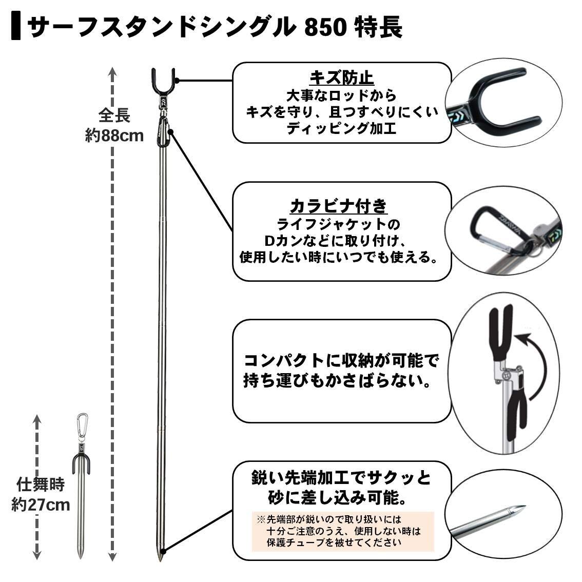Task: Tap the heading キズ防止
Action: pos(341,77)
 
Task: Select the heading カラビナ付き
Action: pos(339,206)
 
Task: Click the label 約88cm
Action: pos(114,136)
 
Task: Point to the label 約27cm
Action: pos(41,504)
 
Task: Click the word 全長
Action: pos(114,115)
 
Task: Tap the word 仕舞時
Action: pos(41,484)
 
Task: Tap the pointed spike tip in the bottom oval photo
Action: pos(518,511)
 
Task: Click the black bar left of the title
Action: pos(16,27)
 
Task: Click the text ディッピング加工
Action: pos(341,128)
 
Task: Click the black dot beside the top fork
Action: pos(177,81)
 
